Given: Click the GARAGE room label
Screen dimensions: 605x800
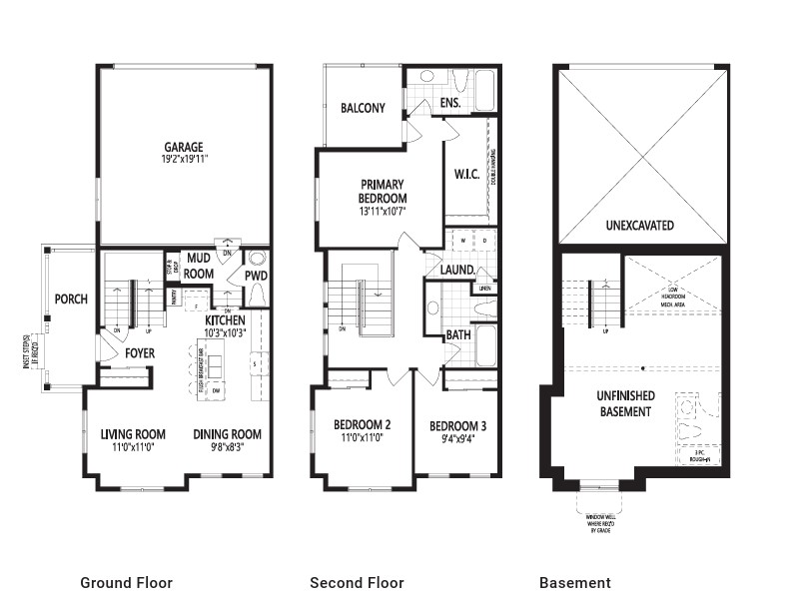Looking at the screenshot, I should (x=184, y=146).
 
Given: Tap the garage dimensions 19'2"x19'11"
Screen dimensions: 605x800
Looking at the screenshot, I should (x=184, y=159).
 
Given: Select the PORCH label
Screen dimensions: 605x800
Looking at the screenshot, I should (x=71, y=300).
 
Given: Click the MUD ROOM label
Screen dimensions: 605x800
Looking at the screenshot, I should (x=199, y=267).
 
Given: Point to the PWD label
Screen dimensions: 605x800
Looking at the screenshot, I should (x=256, y=276).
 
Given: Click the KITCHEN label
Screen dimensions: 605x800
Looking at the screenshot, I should (x=226, y=319).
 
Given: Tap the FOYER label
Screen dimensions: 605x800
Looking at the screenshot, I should (x=140, y=353).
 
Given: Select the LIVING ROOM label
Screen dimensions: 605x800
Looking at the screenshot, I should (x=133, y=434).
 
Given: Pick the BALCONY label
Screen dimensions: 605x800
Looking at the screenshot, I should (x=363, y=108).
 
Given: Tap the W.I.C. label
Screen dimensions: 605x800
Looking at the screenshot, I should (x=466, y=175).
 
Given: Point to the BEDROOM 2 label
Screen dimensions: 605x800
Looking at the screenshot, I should (x=362, y=424).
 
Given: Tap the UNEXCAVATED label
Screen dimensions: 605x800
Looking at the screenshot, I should (x=639, y=226).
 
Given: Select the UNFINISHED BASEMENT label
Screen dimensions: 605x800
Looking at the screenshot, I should (x=626, y=404).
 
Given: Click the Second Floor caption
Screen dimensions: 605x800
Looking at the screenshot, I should (x=356, y=583).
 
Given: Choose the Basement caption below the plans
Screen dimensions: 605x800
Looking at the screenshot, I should (x=574, y=583).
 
